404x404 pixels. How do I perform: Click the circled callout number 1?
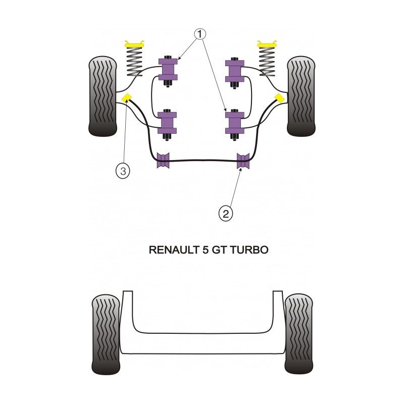pos(200,34)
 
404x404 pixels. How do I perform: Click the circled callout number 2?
pos(226,214)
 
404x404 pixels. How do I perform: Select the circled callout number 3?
pos(123,170)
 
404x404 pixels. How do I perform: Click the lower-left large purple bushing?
pos(168,122)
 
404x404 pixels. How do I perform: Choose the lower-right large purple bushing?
pos(234,122)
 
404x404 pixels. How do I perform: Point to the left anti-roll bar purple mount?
pos(164,161)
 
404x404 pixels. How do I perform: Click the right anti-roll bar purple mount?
pos(243,161)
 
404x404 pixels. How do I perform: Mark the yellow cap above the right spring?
pos(268,44)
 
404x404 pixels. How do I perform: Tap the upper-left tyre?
pos(105,96)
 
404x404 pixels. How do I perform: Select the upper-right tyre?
pos(301,96)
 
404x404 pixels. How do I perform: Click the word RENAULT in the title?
pos(171,249)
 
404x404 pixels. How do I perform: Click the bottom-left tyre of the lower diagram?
pos(107,334)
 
